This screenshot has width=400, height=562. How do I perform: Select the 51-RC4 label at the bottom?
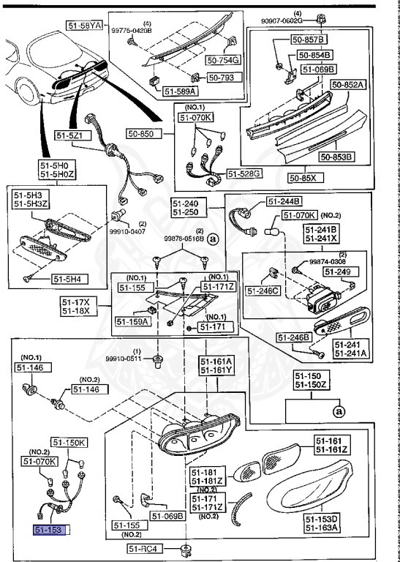142,549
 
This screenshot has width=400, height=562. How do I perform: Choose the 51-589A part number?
180,92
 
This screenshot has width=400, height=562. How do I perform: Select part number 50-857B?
312,39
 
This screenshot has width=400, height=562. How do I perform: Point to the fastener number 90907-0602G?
298,21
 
